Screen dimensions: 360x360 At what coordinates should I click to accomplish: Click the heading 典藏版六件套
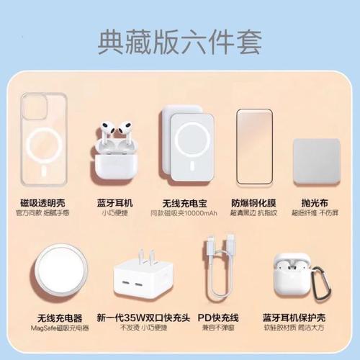coord(180,41)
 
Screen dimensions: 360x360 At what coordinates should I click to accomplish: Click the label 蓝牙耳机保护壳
coord(305,318)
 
